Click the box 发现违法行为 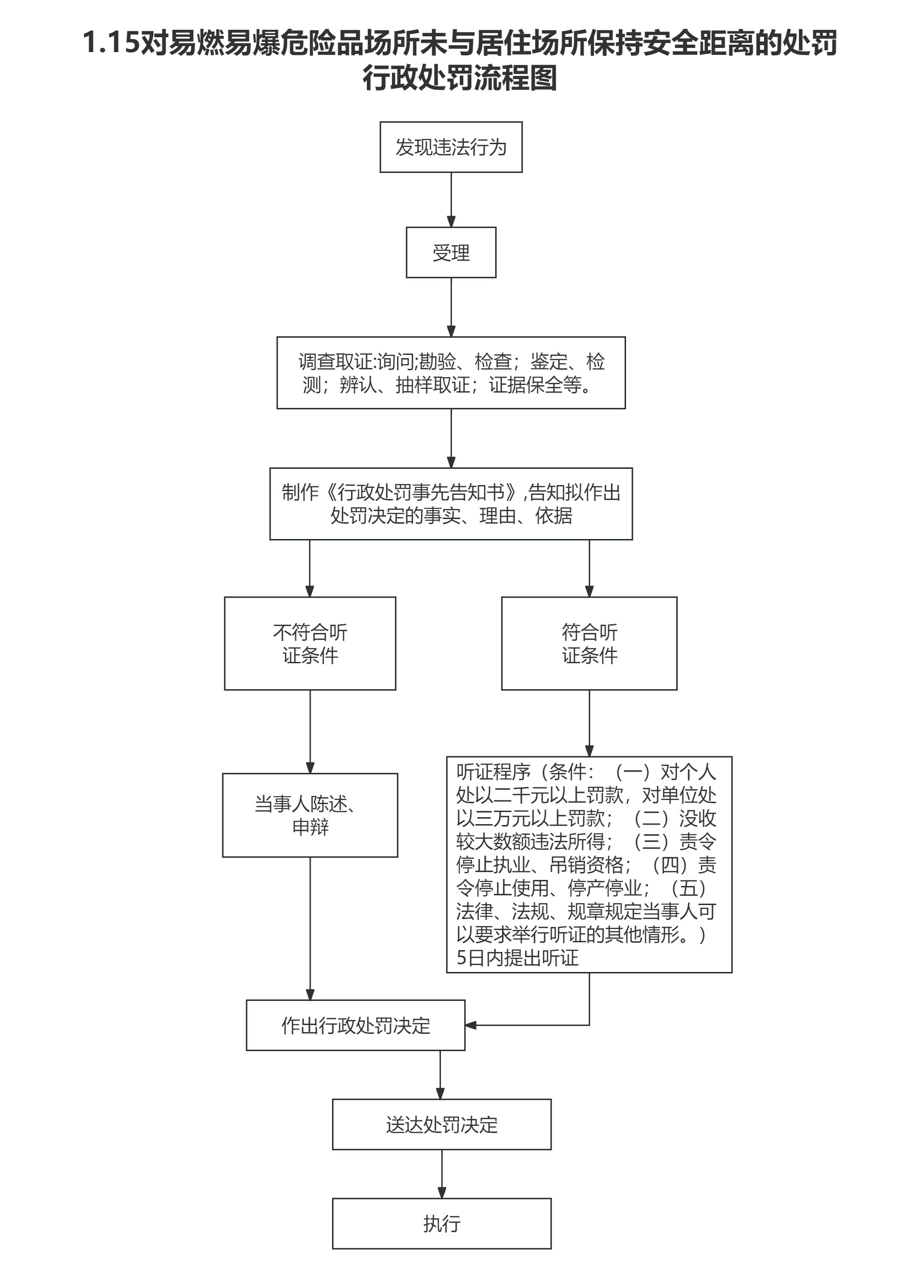pos(451,147)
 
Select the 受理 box pos(451,253)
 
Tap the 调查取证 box pos(451,373)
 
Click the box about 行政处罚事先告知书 pos(451,504)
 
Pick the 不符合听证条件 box pos(310,643)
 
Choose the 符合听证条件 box pos(589,643)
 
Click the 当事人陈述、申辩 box pos(310,815)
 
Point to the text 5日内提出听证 pos(517,957)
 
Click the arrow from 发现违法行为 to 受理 pos(451,199)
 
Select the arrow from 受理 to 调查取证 pos(451,307)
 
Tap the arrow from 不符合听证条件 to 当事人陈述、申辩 pos(310,732)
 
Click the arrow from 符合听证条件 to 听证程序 pos(589,723)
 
